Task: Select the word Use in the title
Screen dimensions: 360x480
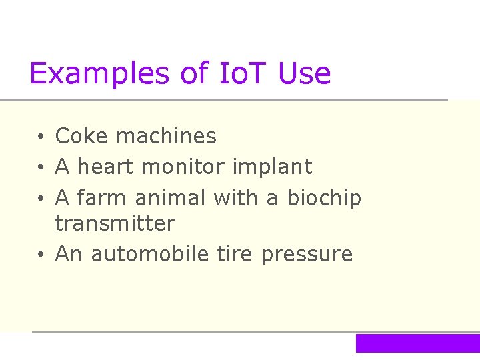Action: tap(305, 73)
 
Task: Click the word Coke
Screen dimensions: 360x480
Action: tap(82, 136)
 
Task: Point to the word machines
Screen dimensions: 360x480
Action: tap(166, 136)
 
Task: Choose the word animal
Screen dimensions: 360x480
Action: tap(173, 198)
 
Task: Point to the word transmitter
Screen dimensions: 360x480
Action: tap(115, 223)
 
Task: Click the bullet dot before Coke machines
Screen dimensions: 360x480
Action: tap(41, 137)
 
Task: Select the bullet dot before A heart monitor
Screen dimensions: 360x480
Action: tap(41, 168)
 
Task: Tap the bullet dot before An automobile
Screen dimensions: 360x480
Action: tap(41, 255)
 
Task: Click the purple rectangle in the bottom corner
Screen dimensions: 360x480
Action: tap(417, 343)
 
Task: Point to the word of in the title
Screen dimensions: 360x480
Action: tap(195, 73)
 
